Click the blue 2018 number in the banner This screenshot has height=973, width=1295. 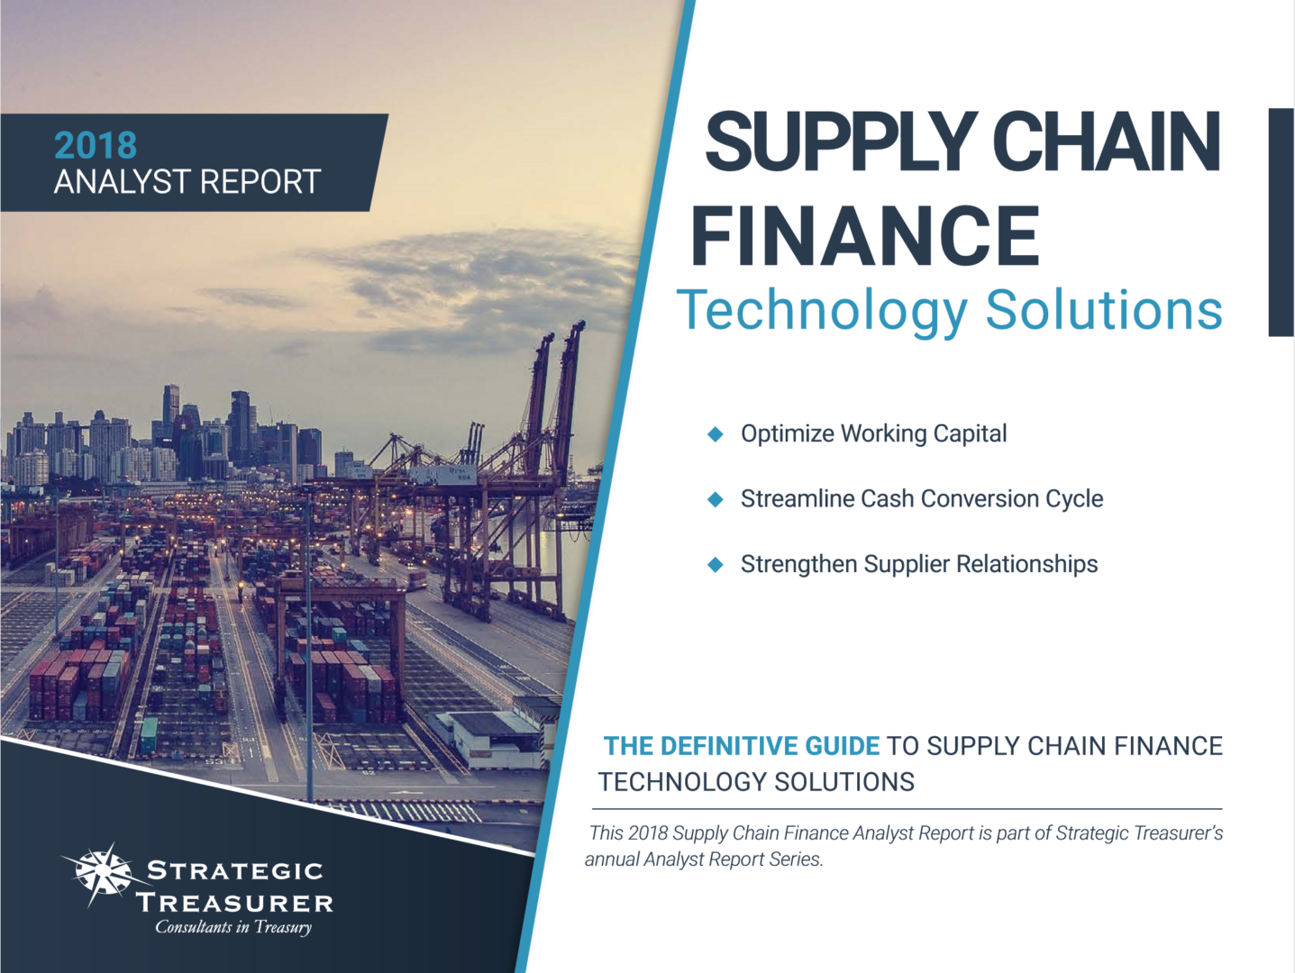(96, 145)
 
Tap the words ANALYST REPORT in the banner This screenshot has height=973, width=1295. (187, 182)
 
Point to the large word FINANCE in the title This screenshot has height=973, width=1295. (865, 235)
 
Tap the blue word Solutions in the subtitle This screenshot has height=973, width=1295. (1104, 309)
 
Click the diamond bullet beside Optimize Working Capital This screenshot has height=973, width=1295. (715, 434)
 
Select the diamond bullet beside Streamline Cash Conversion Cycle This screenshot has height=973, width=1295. (715, 499)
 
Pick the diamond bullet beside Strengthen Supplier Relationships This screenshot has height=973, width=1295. (715, 564)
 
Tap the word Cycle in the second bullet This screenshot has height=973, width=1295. (1074, 500)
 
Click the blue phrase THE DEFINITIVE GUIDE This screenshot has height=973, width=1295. (742, 747)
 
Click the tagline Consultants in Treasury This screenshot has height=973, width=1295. (233, 927)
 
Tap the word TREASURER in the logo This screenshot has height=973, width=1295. (235, 903)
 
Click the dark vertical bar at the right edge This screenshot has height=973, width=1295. (1281, 223)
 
